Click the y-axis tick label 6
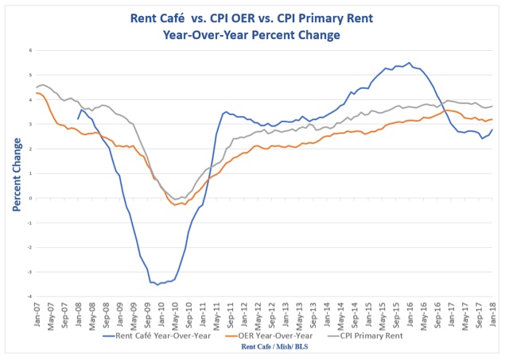click(x=30, y=50)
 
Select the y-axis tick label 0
click(x=30, y=199)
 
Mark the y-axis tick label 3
click(x=30, y=124)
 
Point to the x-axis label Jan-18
click(x=492, y=311)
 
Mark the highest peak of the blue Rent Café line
click(x=410, y=63)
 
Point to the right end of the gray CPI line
click(x=493, y=106)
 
